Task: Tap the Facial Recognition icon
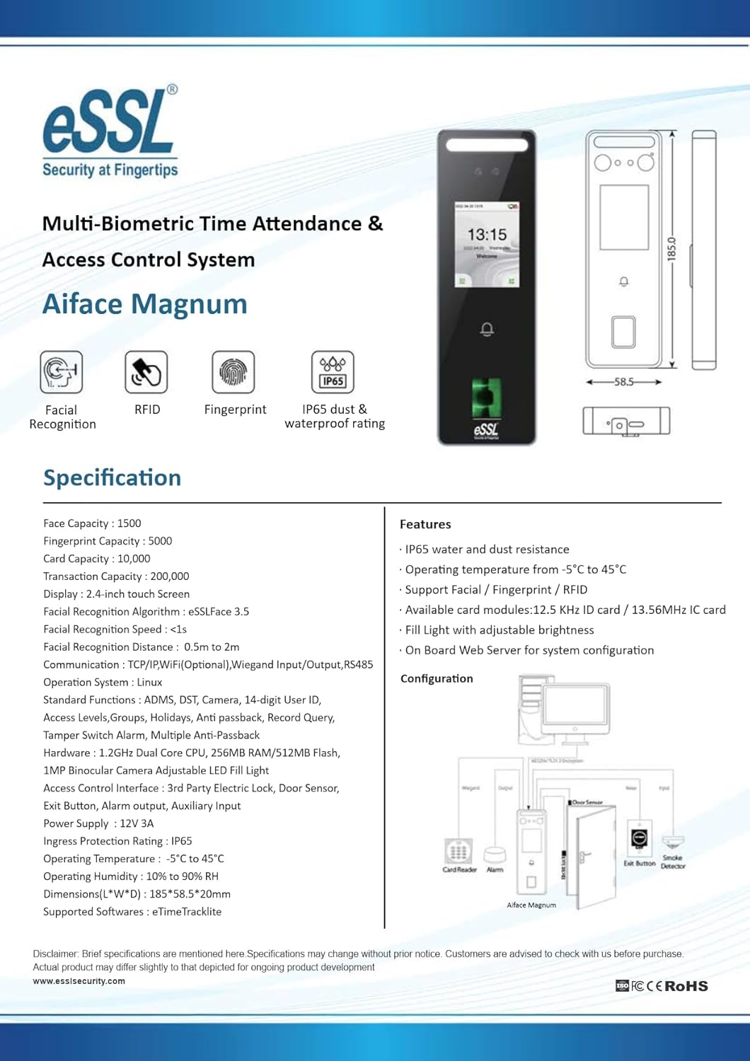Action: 62,372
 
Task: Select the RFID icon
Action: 146,372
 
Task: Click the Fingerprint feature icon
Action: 233,372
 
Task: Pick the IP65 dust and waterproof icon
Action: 333,372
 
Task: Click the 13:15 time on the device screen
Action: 487,234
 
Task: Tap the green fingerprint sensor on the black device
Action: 486,398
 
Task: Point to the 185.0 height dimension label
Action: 671,249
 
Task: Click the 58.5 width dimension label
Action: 623,382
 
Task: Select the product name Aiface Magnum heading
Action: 145,304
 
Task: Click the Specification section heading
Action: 112,477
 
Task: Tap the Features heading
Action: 425,524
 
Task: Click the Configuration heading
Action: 437,678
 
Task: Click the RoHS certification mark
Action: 686,986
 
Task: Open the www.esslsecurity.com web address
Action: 79,981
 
